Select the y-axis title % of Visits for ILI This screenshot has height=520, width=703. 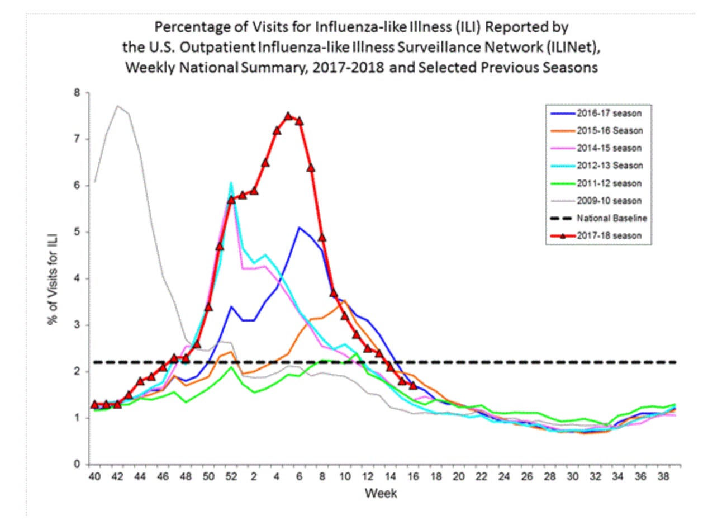[x=53, y=278]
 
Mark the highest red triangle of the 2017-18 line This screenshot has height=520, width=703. [x=288, y=116]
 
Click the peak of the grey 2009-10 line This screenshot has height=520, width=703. [x=117, y=106]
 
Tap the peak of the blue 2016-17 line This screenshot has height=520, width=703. [x=300, y=227]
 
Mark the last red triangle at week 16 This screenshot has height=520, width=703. [x=413, y=386]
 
